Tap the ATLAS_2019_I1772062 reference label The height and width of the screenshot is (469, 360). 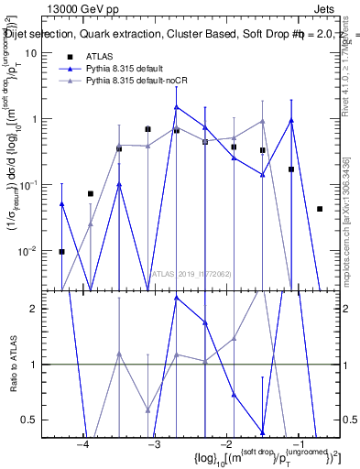(191, 274)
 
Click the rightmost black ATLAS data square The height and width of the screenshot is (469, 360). (320, 209)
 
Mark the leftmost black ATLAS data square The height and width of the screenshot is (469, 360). (61, 251)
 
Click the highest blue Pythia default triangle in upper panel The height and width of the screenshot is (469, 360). (177, 107)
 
